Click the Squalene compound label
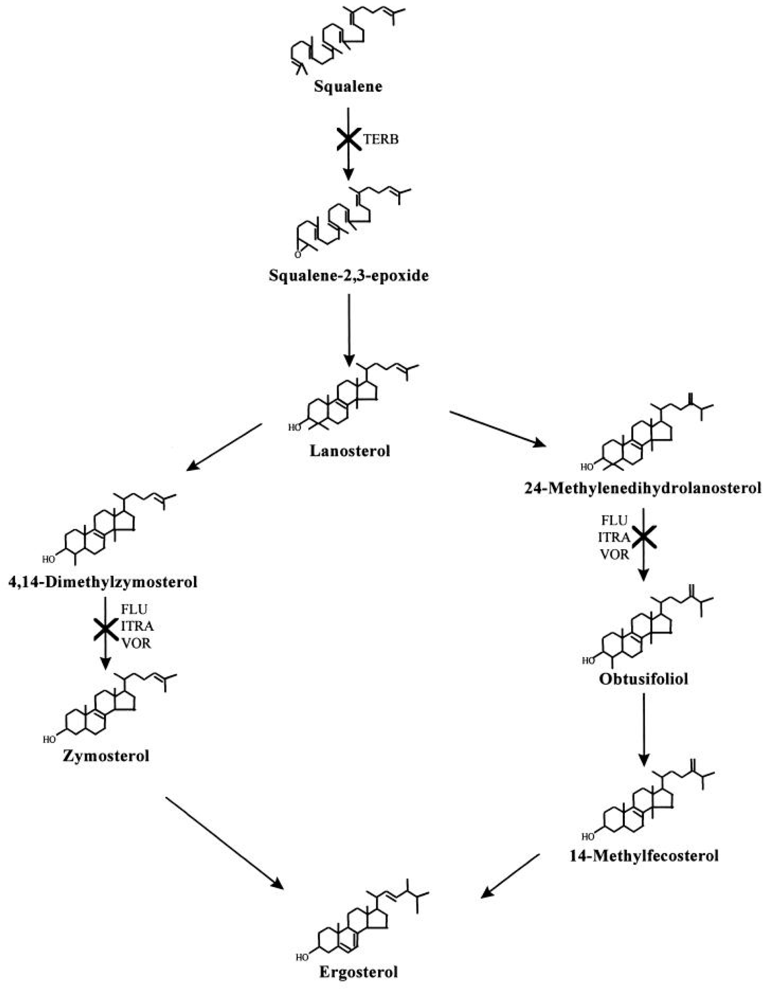(348, 86)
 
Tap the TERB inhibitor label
(381, 139)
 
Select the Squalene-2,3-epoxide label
(348, 275)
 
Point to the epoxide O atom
(298, 255)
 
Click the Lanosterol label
(350, 451)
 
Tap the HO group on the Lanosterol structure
(295, 427)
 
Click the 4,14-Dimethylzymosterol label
(103, 582)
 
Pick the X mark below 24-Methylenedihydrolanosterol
(644, 538)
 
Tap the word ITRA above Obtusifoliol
(614, 538)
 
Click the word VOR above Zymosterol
(136, 644)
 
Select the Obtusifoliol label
(643, 679)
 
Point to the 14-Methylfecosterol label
(644, 856)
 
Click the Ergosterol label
(358, 972)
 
